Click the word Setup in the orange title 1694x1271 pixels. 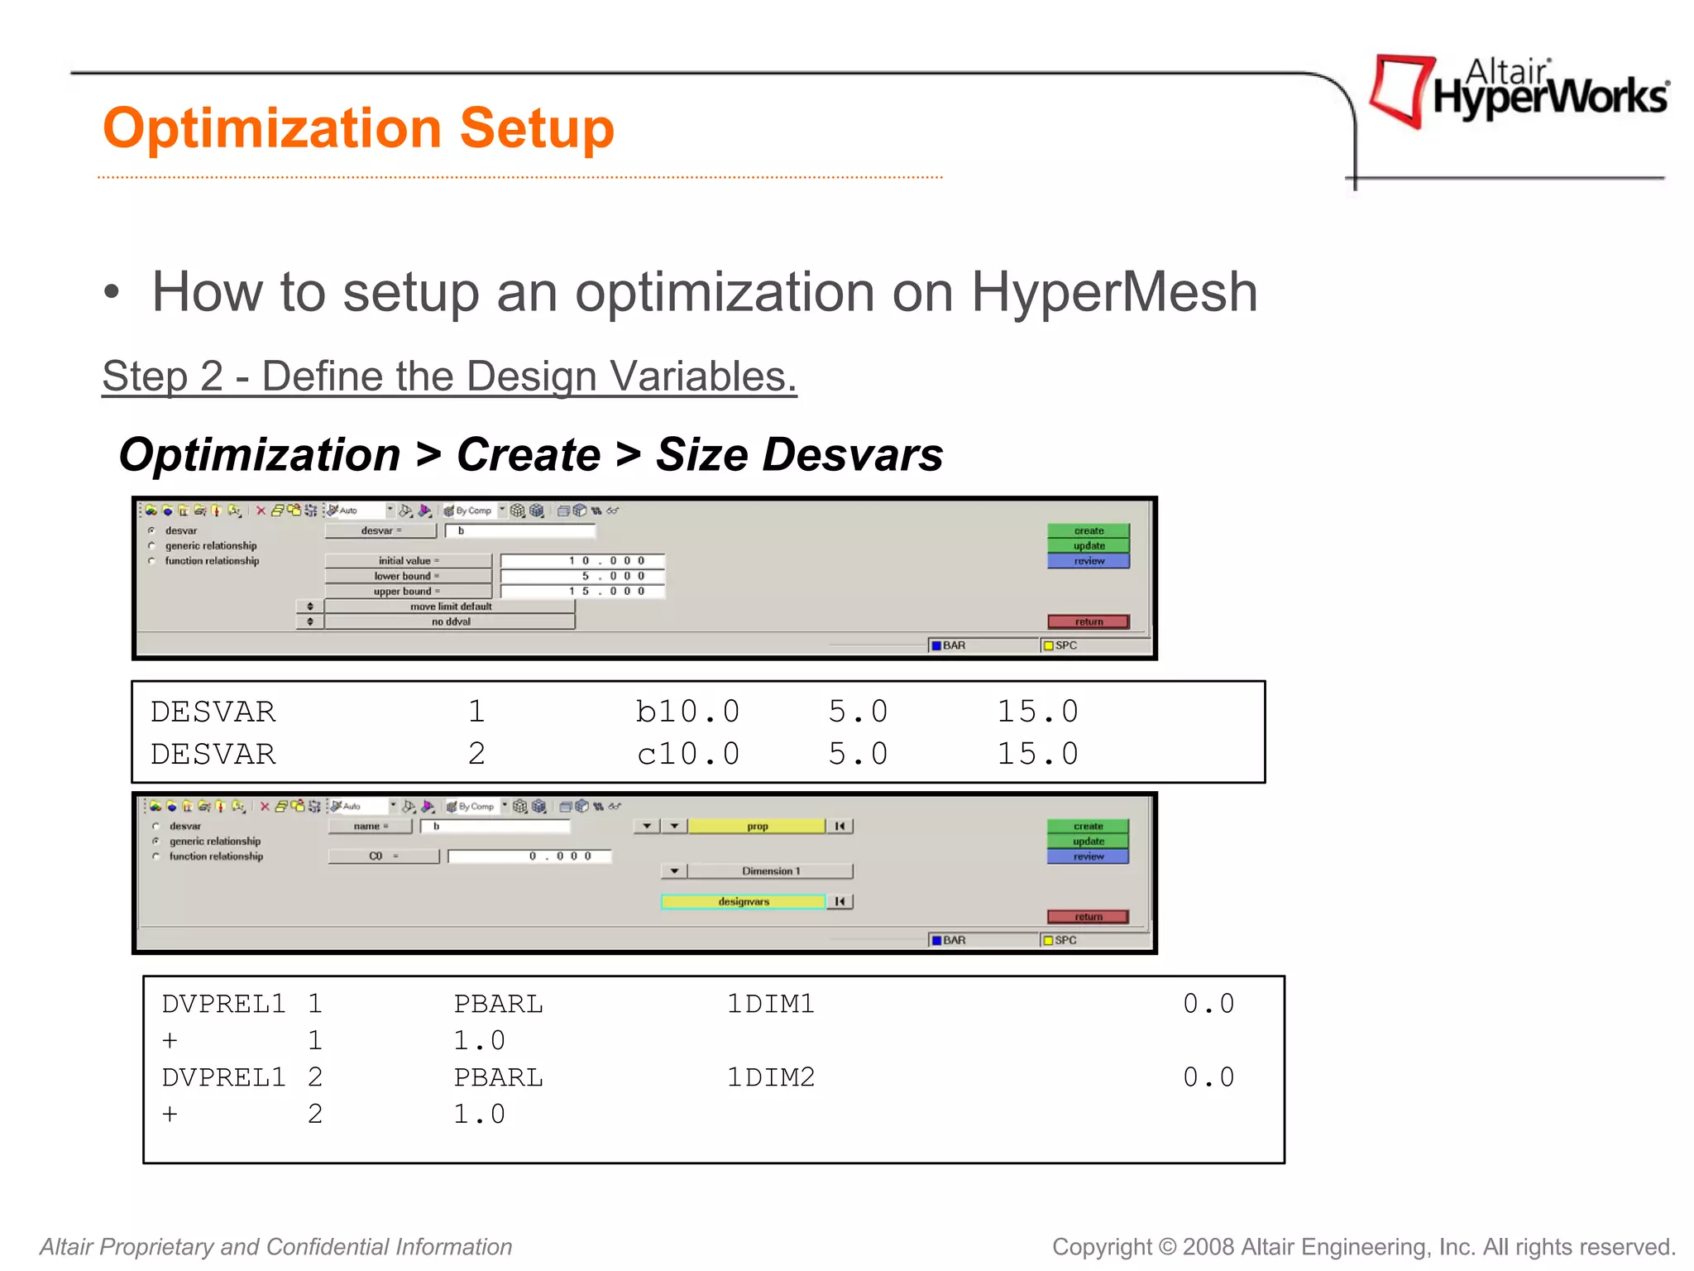coord(536,128)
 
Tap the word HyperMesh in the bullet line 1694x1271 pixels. coord(1113,292)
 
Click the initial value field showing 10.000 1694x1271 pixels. coord(581,561)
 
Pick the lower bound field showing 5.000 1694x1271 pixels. coord(581,576)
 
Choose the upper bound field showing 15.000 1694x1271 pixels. coord(581,591)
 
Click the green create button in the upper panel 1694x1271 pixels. coord(1088,530)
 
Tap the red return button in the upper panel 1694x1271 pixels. coord(1088,621)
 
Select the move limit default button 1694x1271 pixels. coord(450,607)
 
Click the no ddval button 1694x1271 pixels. coord(450,621)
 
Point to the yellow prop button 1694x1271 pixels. coord(757,826)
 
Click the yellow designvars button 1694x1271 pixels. coord(743,901)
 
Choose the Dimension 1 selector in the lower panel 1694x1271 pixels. coord(770,871)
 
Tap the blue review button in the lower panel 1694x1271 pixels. coord(1088,856)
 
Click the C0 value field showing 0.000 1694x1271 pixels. coord(529,856)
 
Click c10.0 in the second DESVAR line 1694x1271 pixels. coord(688,754)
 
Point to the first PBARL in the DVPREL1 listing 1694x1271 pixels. coord(498,1004)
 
